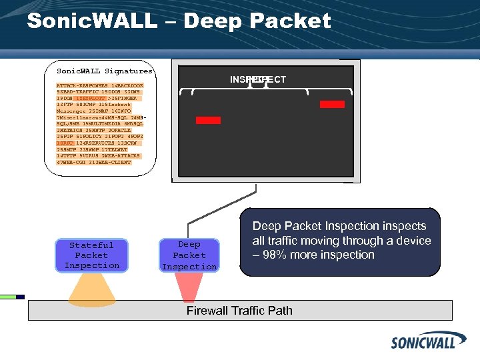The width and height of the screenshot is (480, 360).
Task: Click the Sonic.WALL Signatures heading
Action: point(105,71)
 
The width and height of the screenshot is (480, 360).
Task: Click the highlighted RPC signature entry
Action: point(64,143)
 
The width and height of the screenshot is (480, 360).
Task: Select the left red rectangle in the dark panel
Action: point(208,120)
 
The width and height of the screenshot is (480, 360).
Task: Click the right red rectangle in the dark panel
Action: point(332,104)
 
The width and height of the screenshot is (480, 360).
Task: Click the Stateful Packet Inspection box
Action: point(92,255)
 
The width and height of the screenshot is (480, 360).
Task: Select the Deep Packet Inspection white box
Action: point(189,255)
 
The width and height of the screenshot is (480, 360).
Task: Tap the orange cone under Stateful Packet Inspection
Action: point(91,287)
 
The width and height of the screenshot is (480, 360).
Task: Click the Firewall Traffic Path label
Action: point(239,311)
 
